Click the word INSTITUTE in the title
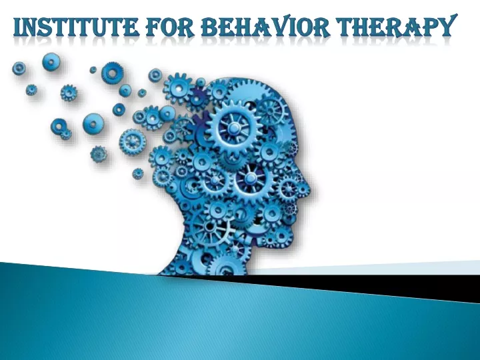click(76, 27)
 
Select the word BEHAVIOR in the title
click(265, 26)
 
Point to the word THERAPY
click(395, 26)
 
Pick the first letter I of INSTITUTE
click(18, 27)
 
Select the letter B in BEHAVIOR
click(209, 27)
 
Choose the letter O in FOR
click(169, 27)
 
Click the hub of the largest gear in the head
click(233, 127)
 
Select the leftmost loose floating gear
click(19, 68)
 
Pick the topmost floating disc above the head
click(51, 62)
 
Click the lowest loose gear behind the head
click(138, 173)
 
